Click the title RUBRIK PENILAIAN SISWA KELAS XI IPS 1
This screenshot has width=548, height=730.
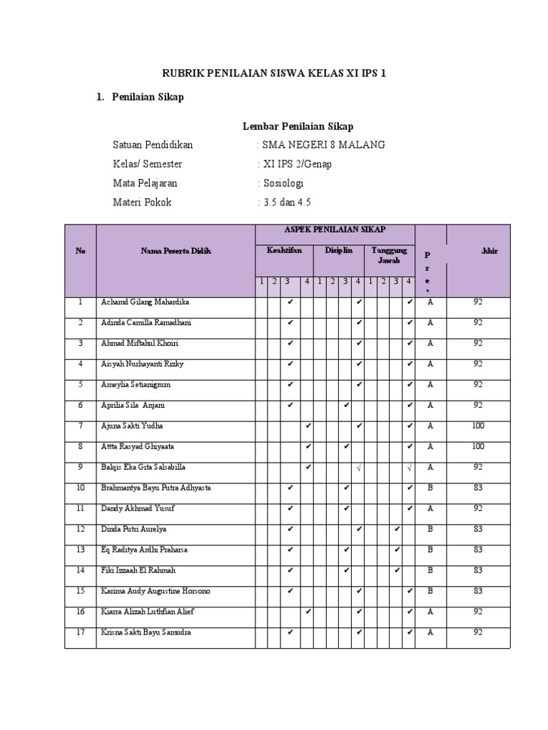274,73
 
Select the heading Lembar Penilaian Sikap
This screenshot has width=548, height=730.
298,126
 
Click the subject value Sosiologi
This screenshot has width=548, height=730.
283,183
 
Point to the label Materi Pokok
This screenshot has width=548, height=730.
142,202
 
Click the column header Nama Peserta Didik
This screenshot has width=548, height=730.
176,251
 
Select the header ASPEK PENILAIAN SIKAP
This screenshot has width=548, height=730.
335,230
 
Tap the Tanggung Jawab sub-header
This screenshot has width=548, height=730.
389,255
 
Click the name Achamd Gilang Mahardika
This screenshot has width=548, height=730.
145,302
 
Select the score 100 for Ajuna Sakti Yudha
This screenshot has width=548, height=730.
478,426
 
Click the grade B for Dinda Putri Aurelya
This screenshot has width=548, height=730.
430,529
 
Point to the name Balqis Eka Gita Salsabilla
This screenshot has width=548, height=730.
143,468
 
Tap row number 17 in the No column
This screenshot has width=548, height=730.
80,632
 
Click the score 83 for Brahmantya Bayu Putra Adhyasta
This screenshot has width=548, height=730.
478,488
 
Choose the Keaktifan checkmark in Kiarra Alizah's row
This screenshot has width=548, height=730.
308,612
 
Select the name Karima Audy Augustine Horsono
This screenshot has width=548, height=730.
156,591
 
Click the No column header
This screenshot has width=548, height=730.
80,251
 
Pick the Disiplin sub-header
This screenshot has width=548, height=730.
339,251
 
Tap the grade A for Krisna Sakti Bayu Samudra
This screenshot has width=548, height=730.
430,632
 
